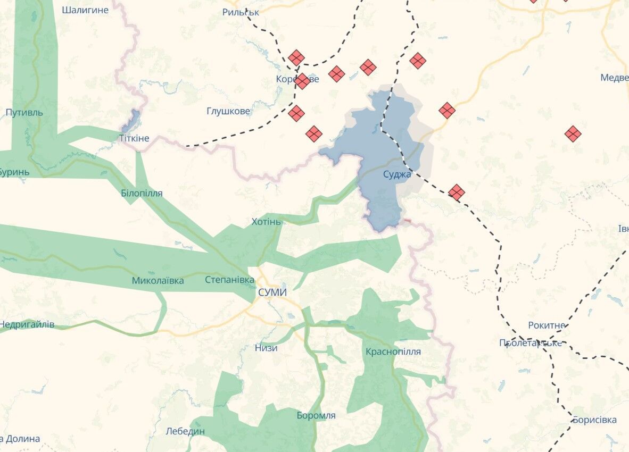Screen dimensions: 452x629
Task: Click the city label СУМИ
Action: click(x=272, y=292)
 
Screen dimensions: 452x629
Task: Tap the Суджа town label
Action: click(x=397, y=174)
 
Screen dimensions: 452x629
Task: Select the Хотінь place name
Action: click(x=266, y=221)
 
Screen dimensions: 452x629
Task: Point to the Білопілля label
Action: click(x=142, y=194)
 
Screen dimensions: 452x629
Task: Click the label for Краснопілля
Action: click(x=393, y=351)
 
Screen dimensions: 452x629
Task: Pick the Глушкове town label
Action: click(x=228, y=111)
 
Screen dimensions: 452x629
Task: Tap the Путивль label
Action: click(x=24, y=113)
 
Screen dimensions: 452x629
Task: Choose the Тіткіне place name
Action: click(x=134, y=138)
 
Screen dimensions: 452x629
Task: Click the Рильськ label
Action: click(x=241, y=12)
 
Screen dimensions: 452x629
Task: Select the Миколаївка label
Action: click(x=158, y=280)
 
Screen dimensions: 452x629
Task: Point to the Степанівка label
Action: click(x=230, y=280)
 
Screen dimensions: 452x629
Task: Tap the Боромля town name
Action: click(x=316, y=415)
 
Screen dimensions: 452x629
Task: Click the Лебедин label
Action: click(x=185, y=431)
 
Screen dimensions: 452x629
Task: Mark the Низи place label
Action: click(x=266, y=348)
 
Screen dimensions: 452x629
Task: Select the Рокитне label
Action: click(x=547, y=325)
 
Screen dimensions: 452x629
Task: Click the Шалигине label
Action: click(x=85, y=10)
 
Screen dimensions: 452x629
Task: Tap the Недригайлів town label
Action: click(x=27, y=324)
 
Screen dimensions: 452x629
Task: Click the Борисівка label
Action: click(x=594, y=420)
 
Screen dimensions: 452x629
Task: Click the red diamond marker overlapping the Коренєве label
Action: click(x=302, y=81)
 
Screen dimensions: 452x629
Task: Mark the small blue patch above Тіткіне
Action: click(x=131, y=121)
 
